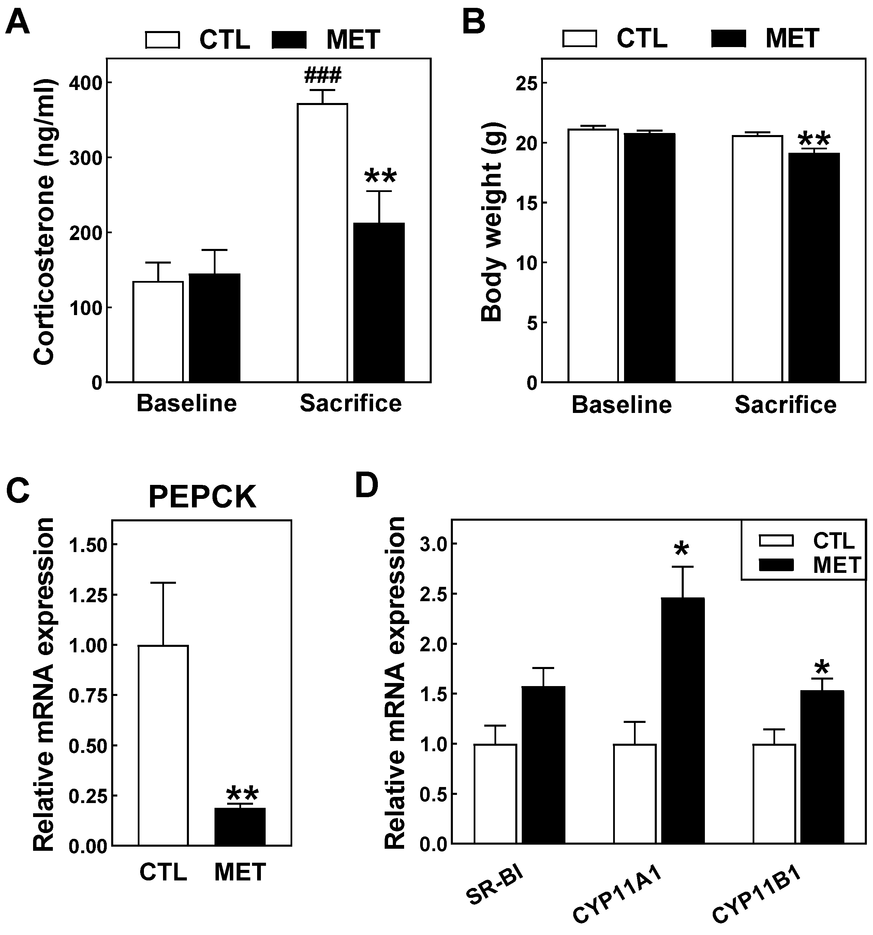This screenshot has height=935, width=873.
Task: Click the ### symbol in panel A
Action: (323, 75)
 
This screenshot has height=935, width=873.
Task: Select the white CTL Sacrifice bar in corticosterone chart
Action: (323, 242)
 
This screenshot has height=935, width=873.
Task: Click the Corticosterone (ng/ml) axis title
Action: (45, 221)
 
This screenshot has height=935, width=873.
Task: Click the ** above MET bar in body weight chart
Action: (814, 139)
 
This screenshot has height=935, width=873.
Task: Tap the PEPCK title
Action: (202, 497)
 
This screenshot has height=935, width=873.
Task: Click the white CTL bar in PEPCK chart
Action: (163, 745)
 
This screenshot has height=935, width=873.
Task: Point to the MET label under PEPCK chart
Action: (240, 872)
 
